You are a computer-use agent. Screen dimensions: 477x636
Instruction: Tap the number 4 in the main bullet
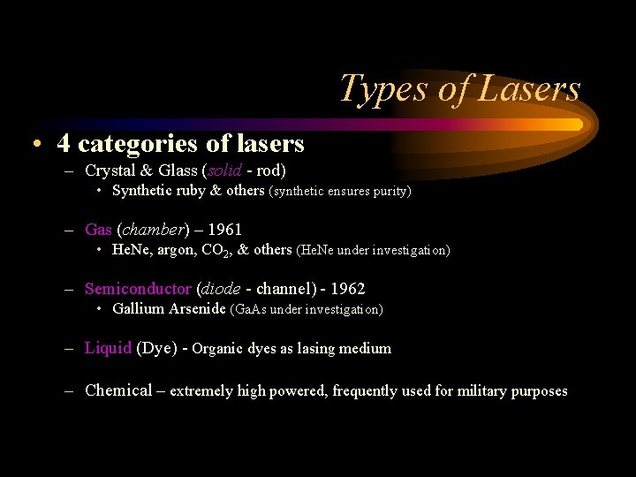[x=64, y=142]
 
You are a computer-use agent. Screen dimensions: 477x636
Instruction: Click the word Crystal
[x=111, y=170]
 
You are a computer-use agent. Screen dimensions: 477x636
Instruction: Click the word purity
[x=390, y=191]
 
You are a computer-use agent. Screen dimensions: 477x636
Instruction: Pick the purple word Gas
[x=98, y=230]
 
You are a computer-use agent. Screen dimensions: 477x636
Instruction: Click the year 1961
[x=224, y=230]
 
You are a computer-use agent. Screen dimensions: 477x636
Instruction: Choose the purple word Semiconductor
[x=138, y=289]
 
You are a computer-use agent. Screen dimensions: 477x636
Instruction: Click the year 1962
[x=347, y=289]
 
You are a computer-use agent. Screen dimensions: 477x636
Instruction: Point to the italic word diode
[x=221, y=289]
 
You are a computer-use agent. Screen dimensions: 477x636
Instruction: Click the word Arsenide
[x=197, y=309]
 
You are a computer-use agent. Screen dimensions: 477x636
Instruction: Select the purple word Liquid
[x=108, y=348]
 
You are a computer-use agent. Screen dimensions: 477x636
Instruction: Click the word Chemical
[x=118, y=390]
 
